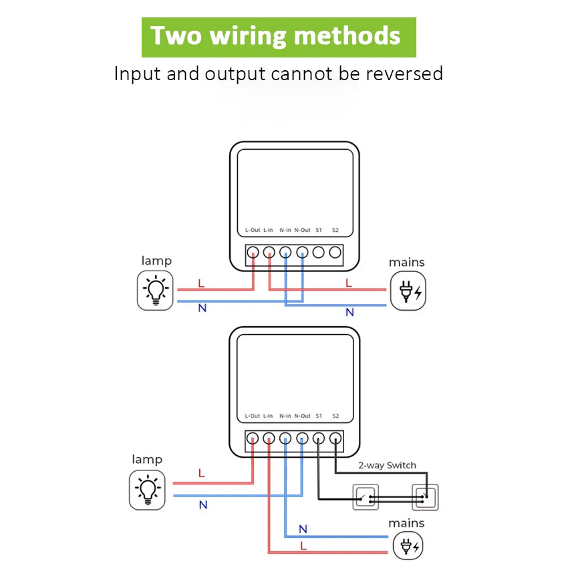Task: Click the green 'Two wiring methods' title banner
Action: [x=278, y=37]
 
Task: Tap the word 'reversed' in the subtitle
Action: [x=404, y=74]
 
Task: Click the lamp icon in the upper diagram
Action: [x=156, y=290]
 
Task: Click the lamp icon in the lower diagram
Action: [x=147, y=489]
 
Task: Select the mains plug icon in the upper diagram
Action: [x=407, y=291]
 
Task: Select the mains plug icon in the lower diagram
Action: [x=407, y=547]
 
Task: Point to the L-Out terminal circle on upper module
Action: [x=253, y=253]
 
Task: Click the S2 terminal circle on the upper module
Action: [x=335, y=253]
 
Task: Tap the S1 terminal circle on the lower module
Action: [x=319, y=438]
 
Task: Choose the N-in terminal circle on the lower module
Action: [x=285, y=438]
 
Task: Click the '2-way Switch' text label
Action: [x=387, y=465]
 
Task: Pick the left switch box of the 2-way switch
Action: [x=366, y=497]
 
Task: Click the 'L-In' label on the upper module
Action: [x=268, y=230]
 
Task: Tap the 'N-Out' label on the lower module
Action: [x=302, y=416]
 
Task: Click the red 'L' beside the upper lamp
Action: [x=201, y=284]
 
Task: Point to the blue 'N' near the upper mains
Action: [x=349, y=312]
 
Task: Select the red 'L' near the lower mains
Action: [x=303, y=546]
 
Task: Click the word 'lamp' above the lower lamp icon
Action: [x=147, y=460]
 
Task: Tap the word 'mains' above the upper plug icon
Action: [x=406, y=263]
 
